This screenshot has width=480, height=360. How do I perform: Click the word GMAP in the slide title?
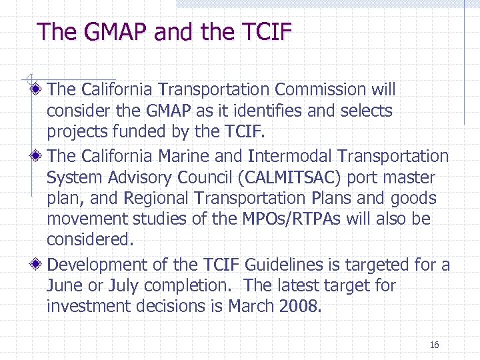point(115,32)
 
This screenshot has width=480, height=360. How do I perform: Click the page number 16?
point(434,345)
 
